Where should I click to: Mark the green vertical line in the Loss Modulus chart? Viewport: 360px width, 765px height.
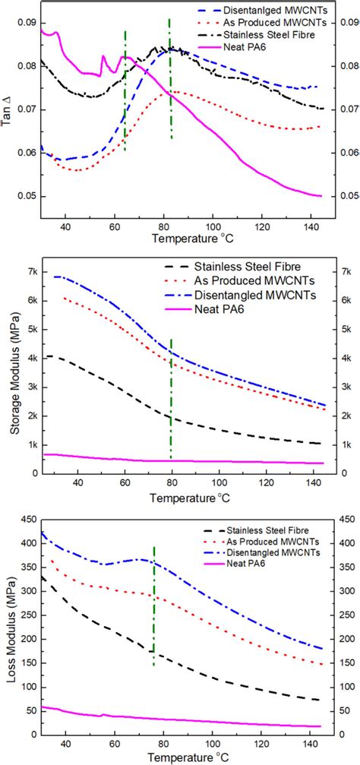click(154, 608)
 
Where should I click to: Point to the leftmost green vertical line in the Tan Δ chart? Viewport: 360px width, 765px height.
click(125, 91)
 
